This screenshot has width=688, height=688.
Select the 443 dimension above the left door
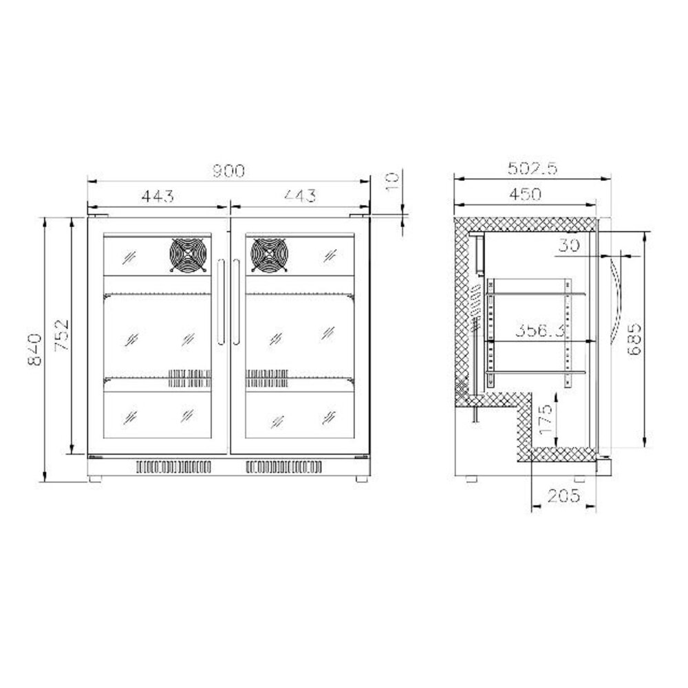coord(158,195)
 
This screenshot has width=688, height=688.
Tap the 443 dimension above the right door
coord(299,195)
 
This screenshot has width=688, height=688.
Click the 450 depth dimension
coord(525,195)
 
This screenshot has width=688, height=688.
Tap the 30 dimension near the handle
coord(568,246)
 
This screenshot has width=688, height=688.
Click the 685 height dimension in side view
coord(636,337)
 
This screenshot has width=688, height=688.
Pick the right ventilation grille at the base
coord(283,467)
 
